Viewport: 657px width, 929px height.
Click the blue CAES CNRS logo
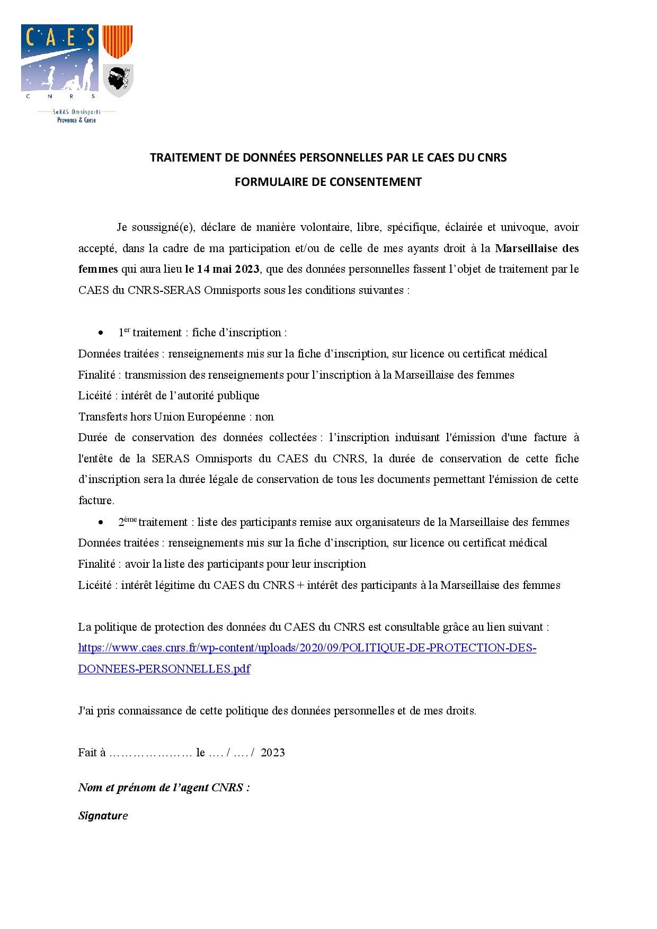pos(59,62)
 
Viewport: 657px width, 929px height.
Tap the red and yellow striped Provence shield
pos(117,41)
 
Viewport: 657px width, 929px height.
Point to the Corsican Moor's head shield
pos(117,80)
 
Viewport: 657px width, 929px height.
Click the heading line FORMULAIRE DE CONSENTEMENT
pos(328,182)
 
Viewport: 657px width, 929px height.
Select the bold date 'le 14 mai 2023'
pos(222,269)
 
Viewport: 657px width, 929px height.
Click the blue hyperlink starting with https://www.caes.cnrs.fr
pos(307,648)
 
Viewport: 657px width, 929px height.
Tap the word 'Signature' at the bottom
pos(103,816)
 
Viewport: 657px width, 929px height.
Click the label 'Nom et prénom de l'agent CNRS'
pos(164,787)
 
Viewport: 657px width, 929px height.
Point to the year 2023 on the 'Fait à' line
pos(273,753)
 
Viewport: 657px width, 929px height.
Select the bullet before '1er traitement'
pos(101,333)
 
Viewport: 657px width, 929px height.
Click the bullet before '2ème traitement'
pos(101,523)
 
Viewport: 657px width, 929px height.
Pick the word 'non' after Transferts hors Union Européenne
pos(264,417)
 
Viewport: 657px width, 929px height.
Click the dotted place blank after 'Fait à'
pos(150,753)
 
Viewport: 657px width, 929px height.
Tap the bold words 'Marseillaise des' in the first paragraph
pos(537,248)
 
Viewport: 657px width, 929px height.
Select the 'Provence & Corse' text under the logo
pos(76,120)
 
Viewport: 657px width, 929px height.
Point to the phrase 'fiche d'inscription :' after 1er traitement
pos(239,333)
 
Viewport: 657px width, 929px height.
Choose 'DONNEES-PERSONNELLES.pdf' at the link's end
pos(164,669)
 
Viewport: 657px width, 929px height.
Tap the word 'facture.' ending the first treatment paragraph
pos(96,501)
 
